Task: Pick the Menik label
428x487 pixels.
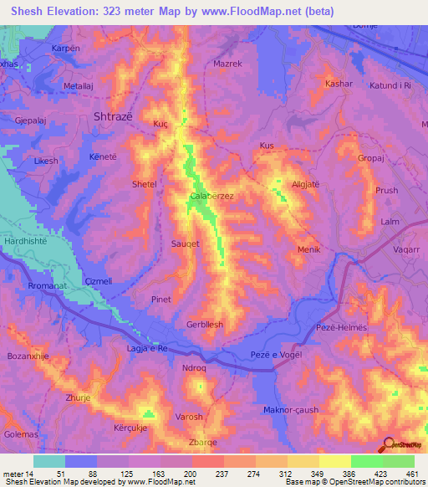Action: click(308, 250)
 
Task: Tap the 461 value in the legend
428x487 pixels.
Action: click(414, 473)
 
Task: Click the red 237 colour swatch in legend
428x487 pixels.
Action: click(207, 460)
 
